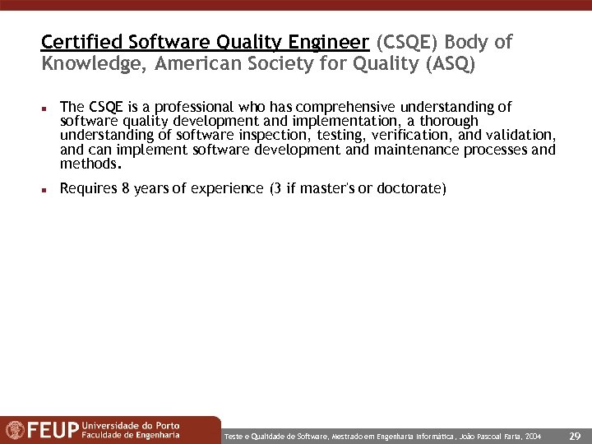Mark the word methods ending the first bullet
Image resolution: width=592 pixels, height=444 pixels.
89,164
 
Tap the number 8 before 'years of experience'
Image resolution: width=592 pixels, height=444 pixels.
125,189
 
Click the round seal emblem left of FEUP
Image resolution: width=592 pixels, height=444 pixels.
15,430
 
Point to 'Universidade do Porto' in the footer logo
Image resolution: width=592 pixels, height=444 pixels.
131,425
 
